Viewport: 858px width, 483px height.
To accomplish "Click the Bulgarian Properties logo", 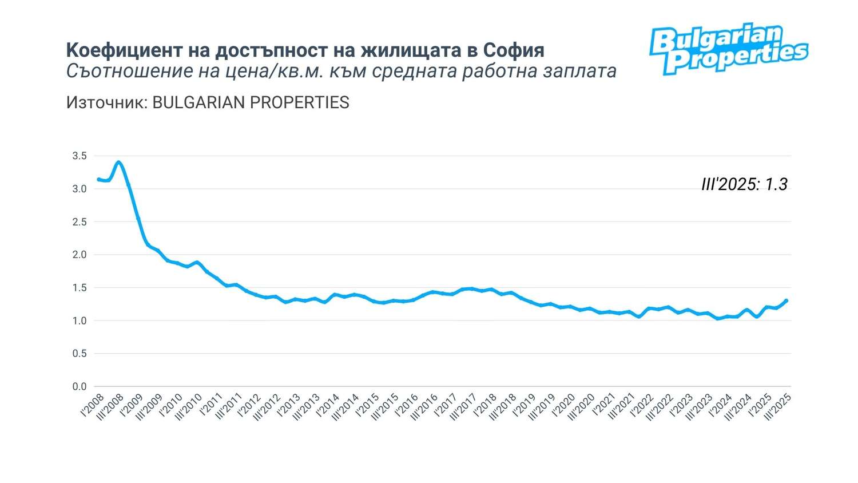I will click(x=728, y=50).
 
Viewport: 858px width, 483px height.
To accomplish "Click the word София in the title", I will click(x=513, y=50).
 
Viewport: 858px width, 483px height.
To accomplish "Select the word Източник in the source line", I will click(x=105, y=102).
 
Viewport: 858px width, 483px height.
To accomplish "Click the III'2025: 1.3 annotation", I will click(x=744, y=184).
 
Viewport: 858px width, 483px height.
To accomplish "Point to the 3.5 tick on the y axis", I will click(x=80, y=156).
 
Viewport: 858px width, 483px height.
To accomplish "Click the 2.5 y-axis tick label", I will click(x=80, y=222).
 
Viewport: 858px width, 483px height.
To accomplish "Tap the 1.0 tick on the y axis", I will click(x=80, y=320).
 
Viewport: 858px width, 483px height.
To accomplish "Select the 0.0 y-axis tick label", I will click(x=80, y=387).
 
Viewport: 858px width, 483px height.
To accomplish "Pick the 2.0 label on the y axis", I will click(x=80, y=255).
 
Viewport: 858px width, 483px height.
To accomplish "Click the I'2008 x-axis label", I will click(x=93, y=405).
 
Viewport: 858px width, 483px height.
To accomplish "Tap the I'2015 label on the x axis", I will click(x=368, y=405).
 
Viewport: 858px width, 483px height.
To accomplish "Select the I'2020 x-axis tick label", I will click(x=564, y=405).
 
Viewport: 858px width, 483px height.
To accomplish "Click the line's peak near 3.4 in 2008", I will click(x=118, y=162).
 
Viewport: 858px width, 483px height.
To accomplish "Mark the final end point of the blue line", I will click(x=787, y=300).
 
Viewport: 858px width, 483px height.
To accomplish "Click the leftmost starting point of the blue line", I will click(x=98, y=179).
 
